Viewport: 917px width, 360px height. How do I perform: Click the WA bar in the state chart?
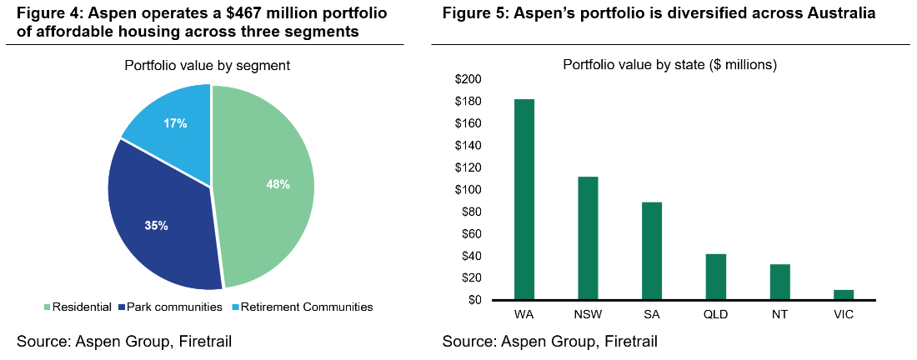(x=524, y=199)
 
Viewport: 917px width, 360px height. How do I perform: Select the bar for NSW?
(x=588, y=237)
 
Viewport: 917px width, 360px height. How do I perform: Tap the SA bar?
(x=652, y=250)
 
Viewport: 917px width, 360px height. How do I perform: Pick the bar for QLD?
(x=715, y=277)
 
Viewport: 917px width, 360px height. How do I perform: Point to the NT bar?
(x=779, y=282)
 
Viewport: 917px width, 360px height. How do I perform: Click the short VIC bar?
(x=844, y=294)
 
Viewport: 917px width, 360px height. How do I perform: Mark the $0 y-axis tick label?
(x=473, y=300)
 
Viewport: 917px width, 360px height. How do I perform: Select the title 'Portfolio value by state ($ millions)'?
(x=669, y=65)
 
